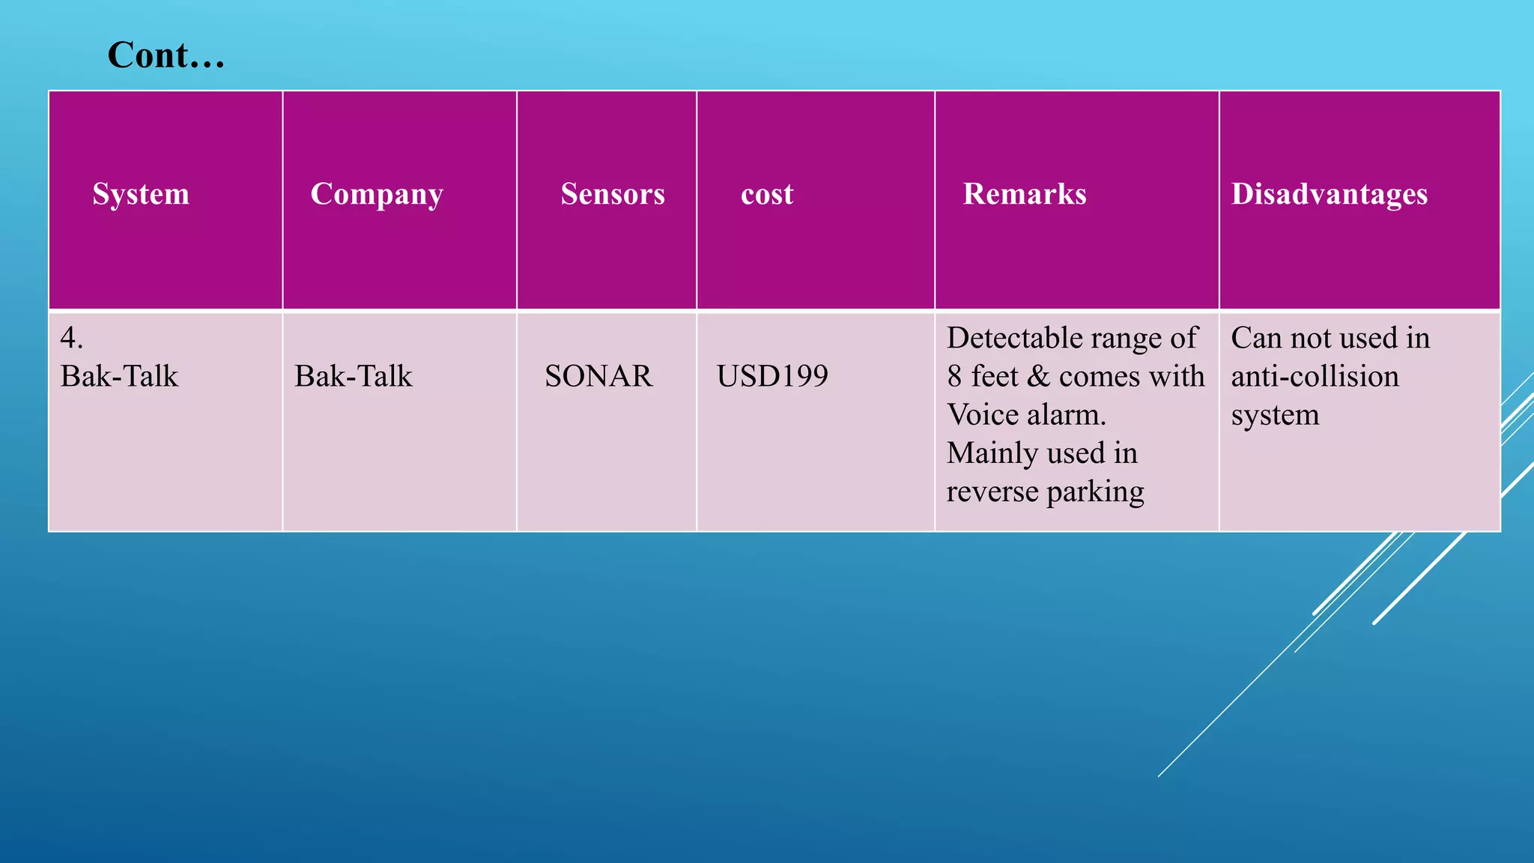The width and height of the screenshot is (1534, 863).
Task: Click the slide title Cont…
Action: point(166,55)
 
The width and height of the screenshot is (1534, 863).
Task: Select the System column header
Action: point(141,194)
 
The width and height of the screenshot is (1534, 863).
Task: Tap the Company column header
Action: point(377,194)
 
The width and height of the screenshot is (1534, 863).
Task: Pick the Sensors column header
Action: point(613,194)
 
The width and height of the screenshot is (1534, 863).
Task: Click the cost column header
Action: point(767,194)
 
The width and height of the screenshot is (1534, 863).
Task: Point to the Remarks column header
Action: point(1025,194)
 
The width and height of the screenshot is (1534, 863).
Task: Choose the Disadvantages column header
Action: point(1330,194)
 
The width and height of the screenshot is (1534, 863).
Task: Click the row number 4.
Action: point(71,338)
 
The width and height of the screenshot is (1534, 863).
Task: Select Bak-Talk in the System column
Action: point(120,376)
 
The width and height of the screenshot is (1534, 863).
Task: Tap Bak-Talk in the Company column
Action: point(354,376)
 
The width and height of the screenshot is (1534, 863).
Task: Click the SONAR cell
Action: point(598,376)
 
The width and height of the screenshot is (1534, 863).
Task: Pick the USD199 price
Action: point(772,376)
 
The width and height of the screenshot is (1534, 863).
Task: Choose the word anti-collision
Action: point(1315,376)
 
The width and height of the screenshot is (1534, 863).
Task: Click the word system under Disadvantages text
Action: point(1275,415)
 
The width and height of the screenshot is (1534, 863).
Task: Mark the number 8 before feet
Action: point(954,376)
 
